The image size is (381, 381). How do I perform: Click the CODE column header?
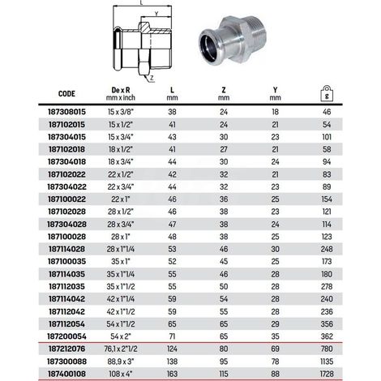pos(66,94)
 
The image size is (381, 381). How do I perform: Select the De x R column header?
pos(121,93)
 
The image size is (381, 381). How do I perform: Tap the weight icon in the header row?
pos(327,93)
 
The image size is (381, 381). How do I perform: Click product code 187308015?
pos(66,112)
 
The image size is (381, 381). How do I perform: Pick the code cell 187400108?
pos(66,374)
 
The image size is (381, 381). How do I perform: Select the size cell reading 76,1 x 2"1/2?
pos(121,349)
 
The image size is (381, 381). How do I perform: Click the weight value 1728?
pos(327,374)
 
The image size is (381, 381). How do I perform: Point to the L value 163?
pos(172,374)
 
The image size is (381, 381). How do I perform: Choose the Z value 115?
pos(224,374)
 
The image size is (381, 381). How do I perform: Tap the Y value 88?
pos(275,374)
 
